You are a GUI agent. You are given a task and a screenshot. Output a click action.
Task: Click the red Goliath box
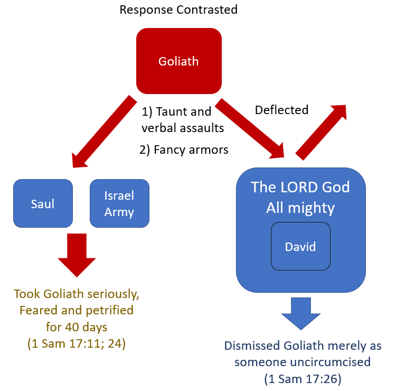click(178, 61)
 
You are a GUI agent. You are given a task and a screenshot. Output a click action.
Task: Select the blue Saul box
click(43, 203)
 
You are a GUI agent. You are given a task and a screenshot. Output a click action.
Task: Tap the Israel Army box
click(119, 203)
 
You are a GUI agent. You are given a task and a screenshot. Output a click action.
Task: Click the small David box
click(300, 246)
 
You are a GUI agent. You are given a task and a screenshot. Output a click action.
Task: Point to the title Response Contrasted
click(178, 10)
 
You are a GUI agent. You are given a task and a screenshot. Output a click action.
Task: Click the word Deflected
click(281, 110)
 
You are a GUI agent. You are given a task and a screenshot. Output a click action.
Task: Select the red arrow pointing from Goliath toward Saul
click(103, 132)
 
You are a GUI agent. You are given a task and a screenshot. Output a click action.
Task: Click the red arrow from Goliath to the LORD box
click(251, 127)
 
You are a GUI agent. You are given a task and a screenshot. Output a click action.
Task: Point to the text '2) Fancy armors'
click(184, 150)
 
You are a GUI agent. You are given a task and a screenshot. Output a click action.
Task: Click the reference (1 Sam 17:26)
click(303, 378)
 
